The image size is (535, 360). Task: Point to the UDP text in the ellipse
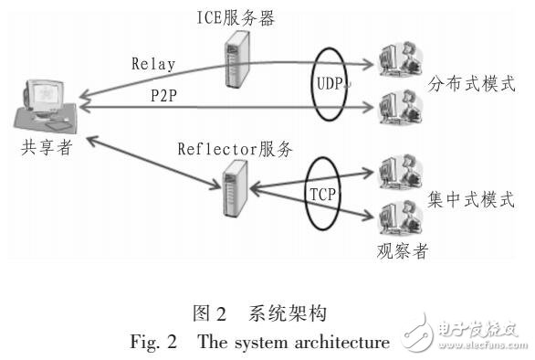click(332, 82)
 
